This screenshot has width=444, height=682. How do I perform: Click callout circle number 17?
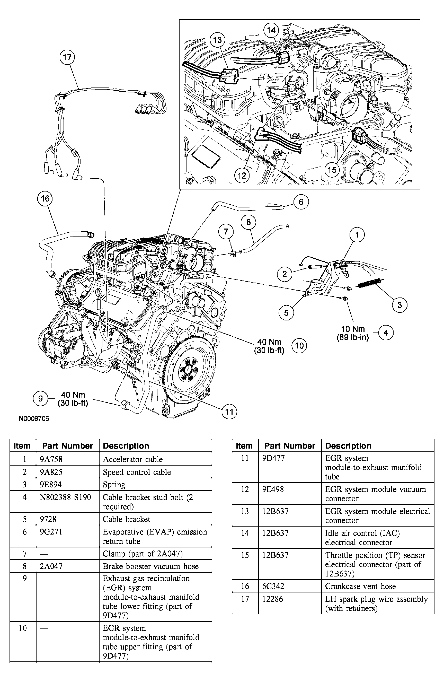[x=67, y=57]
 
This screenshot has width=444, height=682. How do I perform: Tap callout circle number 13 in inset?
[x=217, y=40]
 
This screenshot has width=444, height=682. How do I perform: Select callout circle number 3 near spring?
[x=399, y=305]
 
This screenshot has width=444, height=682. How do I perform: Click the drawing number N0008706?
[x=34, y=419]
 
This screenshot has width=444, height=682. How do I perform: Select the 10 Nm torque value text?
[x=353, y=329]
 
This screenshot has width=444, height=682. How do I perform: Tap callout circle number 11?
[x=229, y=412]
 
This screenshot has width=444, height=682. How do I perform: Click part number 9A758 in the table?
[x=51, y=459]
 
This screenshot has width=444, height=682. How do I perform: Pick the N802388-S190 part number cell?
[x=65, y=497]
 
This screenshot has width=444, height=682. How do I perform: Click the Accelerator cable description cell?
[x=133, y=459]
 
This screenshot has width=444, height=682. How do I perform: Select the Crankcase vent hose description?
[x=360, y=586]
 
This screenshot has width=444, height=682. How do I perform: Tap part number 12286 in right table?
[x=272, y=599]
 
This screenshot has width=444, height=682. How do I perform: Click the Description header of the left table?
[x=126, y=446]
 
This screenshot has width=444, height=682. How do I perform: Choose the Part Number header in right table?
[x=290, y=446]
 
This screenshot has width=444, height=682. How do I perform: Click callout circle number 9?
[x=40, y=399]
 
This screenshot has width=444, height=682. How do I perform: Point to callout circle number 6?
[x=301, y=202]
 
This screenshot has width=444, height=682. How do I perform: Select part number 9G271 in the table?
[x=51, y=532]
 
